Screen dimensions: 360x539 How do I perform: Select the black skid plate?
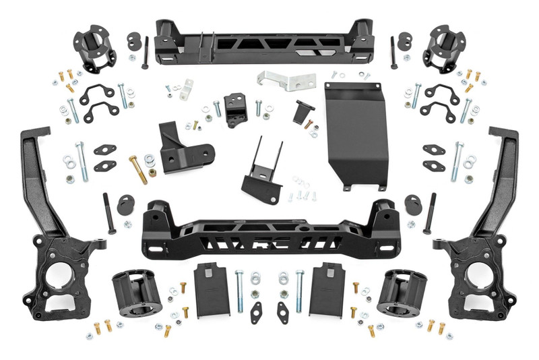click(x=355, y=135)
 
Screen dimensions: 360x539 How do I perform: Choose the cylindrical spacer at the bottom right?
click(x=403, y=293)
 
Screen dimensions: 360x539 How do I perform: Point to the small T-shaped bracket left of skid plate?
click(x=301, y=111)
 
